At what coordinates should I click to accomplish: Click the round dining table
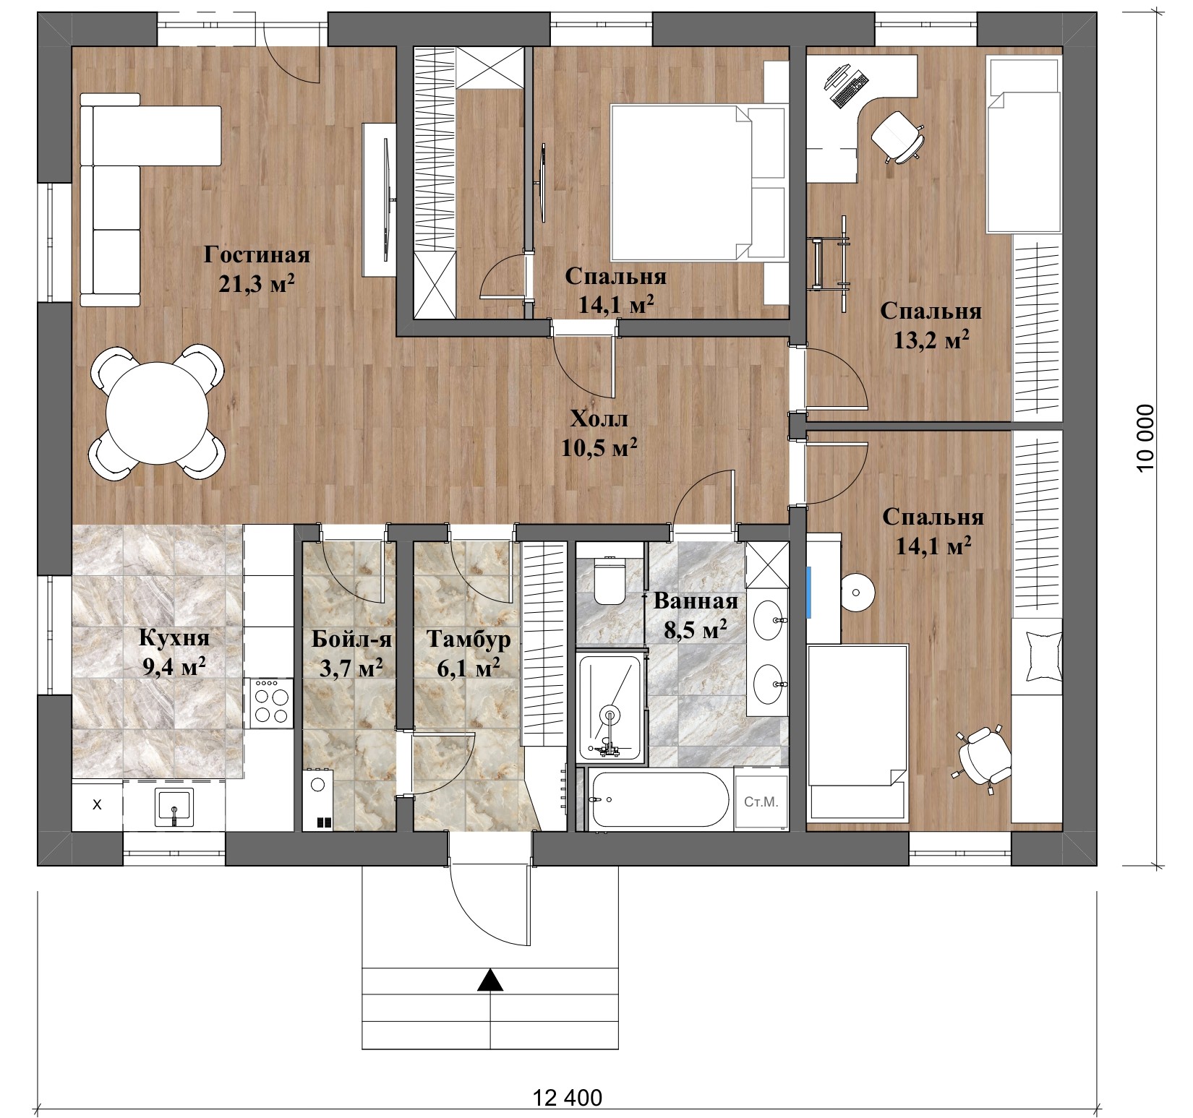click(157, 413)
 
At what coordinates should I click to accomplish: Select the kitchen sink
click(174, 807)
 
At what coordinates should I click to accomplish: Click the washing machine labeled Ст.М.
click(761, 801)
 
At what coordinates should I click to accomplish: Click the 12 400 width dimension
click(568, 1098)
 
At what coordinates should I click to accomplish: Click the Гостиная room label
click(257, 255)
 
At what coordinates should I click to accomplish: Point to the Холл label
click(599, 418)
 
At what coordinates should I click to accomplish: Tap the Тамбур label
click(469, 640)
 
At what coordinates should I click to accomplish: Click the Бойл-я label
click(351, 639)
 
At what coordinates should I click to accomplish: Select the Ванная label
click(696, 601)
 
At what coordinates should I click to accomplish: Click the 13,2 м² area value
click(931, 339)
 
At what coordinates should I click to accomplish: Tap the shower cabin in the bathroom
click(610, 708)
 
